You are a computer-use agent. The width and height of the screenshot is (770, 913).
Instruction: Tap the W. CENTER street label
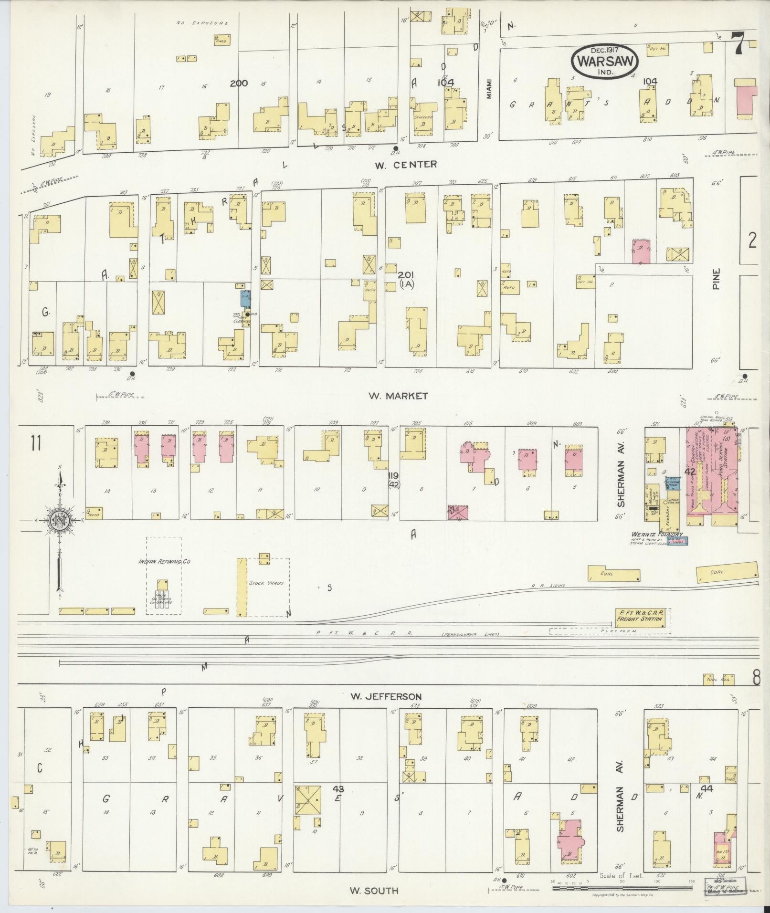point(405,164)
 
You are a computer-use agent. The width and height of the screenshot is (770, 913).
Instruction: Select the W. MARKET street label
point(398,396)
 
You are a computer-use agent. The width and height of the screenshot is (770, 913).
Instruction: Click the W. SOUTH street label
point(373,890)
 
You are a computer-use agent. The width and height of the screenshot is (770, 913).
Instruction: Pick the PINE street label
point(717,279)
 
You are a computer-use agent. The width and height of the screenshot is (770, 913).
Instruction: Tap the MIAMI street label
point(489,89)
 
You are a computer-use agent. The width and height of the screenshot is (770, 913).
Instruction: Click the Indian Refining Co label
point(164,562)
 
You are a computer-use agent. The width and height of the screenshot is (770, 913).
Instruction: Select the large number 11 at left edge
point(35,443)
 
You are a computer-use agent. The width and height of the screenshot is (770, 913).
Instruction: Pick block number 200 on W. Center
point(238,83)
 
